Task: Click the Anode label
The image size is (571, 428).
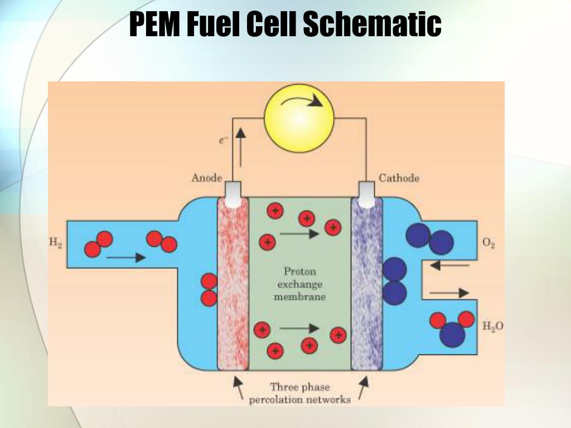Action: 206,178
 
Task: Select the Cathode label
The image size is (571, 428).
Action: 399,178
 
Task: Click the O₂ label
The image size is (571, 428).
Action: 489,243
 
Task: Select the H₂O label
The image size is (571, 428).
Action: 493,327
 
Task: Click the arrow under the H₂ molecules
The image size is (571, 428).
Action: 125,257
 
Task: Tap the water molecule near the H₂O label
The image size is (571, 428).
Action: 452,328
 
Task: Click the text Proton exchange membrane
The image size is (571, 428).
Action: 299,284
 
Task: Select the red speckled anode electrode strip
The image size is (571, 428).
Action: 233,284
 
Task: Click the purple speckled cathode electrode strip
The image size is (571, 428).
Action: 366,284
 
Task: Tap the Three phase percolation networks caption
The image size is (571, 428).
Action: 300,393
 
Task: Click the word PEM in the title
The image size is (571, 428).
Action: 154,24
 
